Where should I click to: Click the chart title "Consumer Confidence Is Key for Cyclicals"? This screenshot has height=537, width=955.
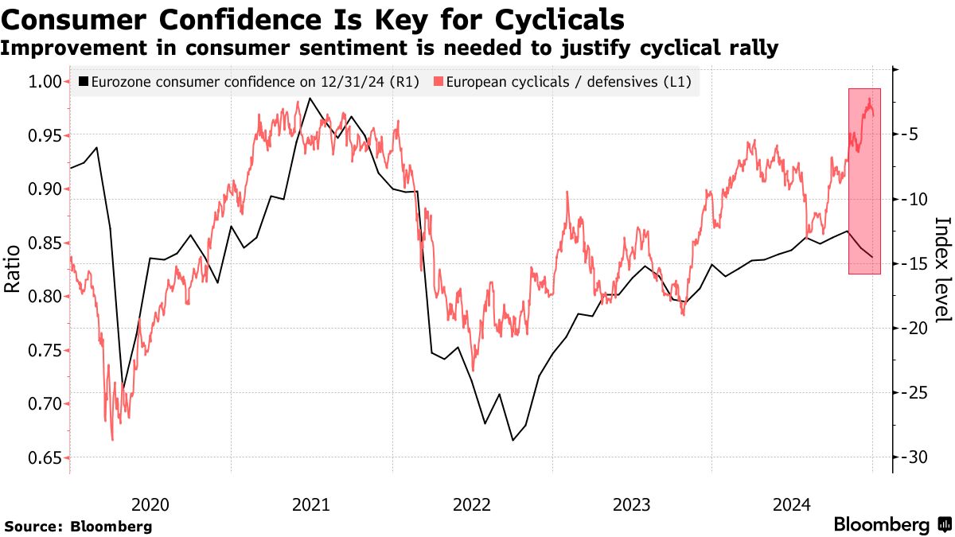click(x=313, y=18)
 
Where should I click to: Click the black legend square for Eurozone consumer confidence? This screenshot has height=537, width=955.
click(x=84, y=81)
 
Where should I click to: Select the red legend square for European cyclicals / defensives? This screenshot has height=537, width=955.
click(x=438, y=81)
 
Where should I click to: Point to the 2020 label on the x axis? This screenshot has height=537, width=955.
click(x=150, y=504)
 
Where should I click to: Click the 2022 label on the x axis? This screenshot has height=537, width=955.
click(x=471, y=504)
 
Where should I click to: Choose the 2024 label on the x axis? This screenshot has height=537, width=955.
click(x=793, y=504)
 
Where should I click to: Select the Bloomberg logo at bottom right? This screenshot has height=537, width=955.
click(x=891, y=525)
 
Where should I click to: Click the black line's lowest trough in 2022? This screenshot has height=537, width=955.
click(x=513, y=440)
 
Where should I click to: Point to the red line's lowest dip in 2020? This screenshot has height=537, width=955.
click(x=112, y=439)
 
